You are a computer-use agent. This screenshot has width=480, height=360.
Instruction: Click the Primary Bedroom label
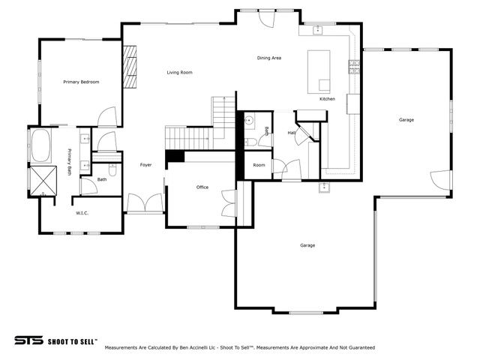click(x=81, y=82)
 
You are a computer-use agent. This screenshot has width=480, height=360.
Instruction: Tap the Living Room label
click(x=179, y=73)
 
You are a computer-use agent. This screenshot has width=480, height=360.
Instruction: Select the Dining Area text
click(x=269, y=58)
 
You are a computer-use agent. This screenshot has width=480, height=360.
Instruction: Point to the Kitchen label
click(x=327, y=99)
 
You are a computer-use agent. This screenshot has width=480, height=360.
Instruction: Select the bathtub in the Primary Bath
click(x=40, y=146)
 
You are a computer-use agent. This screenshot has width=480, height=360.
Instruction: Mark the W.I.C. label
click(x=82, y=214)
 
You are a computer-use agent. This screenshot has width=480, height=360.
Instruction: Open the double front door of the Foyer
click(x=145, y=203)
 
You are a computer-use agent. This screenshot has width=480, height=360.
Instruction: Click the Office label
click(x=202, y=187)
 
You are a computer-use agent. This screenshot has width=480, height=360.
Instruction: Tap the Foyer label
click(x=145, y=165)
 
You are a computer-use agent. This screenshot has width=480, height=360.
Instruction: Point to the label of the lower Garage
click(x=307, y=245)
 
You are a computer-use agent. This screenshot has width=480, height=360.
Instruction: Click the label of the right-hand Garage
click(x=406, y=120)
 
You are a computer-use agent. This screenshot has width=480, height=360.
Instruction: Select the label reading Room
click(x=259, y=165)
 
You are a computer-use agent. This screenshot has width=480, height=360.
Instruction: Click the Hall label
click(x=291, y=133)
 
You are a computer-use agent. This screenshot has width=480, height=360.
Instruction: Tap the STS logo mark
click(x=28, y=340)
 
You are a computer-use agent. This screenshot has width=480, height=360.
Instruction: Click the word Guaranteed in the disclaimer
click(x=358, y=348)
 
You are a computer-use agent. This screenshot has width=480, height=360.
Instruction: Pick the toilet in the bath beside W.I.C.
click(x=110, y=168)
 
